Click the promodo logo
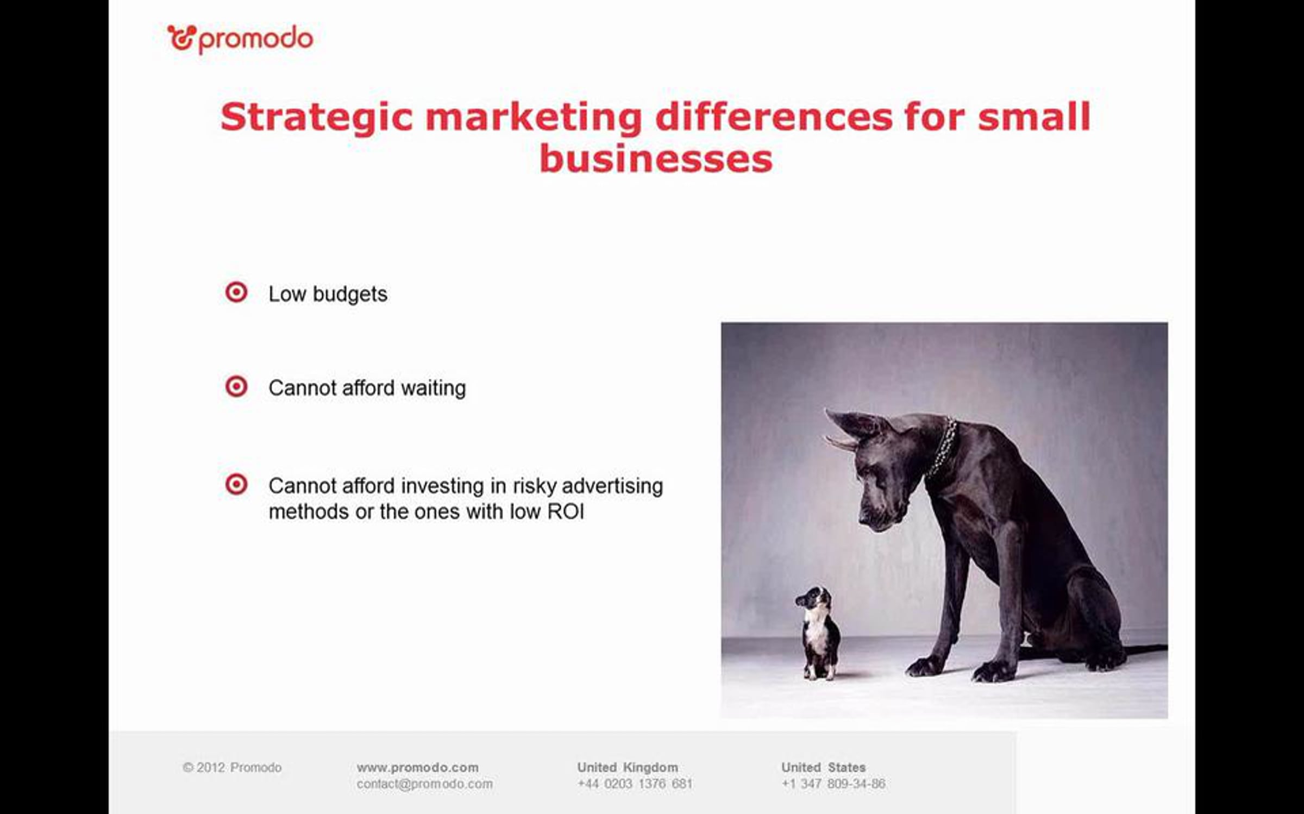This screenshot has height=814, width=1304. pyautogui.click(x=240, y=39)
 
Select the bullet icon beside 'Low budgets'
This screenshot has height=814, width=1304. pyautogui.click(x=236, y=292)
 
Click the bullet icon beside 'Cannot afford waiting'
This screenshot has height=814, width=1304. pyautogui.click(x=236, y=387)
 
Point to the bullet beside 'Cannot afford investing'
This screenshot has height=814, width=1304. pyautogui.click(x=236, y=484)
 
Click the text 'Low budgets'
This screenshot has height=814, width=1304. pyautogui.click(x=328, y=294)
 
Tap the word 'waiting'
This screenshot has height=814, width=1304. pyautogui.click(x=433, y=389)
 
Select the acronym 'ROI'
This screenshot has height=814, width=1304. pyautogui.click(x=566, y=512)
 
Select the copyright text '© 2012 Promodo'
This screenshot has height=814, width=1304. pyautogui.click(x=232, y=767)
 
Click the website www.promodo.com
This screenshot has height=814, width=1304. pyautogui.click(x=417, y=767)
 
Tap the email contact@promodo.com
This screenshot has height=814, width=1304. pyautogui.click(x=424, y=784)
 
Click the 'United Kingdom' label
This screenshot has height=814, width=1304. pyautogui.click(x=628, y=767)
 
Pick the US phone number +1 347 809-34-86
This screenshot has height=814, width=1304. pyautogui.click(x=833, y=784)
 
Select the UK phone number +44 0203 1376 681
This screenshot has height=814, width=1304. pyautogui.click(x=635, y=784)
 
